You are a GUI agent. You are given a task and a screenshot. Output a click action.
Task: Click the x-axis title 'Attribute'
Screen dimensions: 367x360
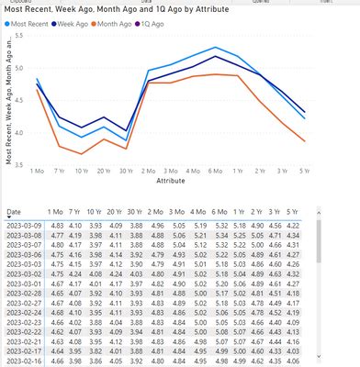tap(171, 182)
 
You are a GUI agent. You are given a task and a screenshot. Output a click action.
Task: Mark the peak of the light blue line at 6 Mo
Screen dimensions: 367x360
tap(215, 48)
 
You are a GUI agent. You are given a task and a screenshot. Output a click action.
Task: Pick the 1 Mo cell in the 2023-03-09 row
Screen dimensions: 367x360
tap(57, 226)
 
